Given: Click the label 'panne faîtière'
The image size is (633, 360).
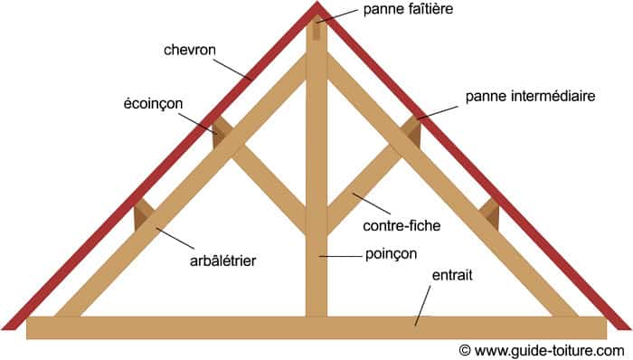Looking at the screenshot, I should click(x=407, y=10).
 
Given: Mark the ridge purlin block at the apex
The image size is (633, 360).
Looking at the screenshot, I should click(x=316, y=29).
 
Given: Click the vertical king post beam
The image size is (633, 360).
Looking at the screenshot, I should click(x=316, y=181).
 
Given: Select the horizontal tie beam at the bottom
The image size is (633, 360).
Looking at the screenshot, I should click(x=226, y=327).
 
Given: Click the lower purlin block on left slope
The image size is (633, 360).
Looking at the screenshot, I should click(x=143, y=214).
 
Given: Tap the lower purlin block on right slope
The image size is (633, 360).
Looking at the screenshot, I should click(x=489, y=214).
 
